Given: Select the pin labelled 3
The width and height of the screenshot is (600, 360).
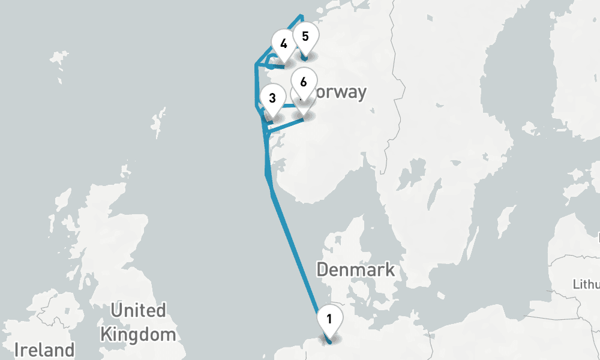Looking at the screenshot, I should (272, 99).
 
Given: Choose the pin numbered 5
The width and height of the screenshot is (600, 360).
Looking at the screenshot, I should (305, 37).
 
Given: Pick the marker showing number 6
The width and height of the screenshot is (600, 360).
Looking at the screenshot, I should (303, 83).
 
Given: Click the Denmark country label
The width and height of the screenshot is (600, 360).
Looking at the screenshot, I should (356, 269).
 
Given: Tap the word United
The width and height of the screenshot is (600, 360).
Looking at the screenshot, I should (139, 310).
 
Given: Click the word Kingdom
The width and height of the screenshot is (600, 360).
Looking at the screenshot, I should (139, 334).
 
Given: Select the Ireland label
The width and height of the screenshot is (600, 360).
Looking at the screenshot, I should (45, 349).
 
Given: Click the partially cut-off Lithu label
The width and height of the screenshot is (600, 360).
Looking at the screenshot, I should (587, 283).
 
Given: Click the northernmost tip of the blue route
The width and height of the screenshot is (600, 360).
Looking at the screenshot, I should (301, 16).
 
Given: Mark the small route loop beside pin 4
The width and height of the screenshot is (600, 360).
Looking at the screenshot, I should (271, 61).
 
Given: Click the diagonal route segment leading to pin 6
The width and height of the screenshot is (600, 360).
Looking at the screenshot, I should (285, 124).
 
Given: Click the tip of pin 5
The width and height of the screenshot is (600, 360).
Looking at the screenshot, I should (305, 59).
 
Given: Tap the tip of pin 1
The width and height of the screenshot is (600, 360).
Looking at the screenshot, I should (329, 341).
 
